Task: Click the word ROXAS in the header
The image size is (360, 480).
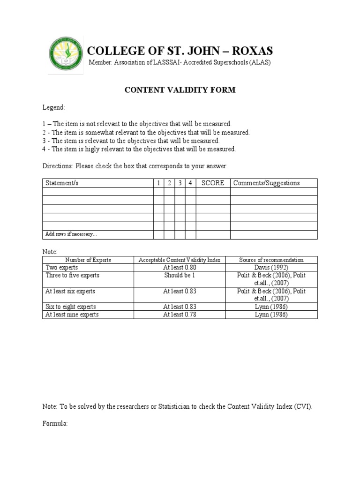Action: (x=250, y=51)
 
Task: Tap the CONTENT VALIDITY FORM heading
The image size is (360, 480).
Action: (x=180, y=90)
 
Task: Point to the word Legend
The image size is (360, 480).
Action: (x=54, y=108)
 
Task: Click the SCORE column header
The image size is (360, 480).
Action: (x=213, y=183)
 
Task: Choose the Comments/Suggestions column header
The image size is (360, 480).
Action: (x=266, y=183)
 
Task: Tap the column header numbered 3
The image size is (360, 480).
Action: (x=180, y=183)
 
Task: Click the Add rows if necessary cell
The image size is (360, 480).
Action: (x=71, y=234)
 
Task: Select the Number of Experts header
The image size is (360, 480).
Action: (x=88, y=260)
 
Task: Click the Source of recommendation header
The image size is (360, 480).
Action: (x=271, y=260)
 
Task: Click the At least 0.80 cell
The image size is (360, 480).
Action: (x=180, y=267)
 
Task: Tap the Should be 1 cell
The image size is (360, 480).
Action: (x=180, y=276)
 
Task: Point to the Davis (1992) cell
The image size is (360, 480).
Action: (x=271, y=267)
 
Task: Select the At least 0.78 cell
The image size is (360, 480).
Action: (x=180, y=315)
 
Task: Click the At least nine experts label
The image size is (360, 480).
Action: (x=72, y=315)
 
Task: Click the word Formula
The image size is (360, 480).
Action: (x=55, y=423)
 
